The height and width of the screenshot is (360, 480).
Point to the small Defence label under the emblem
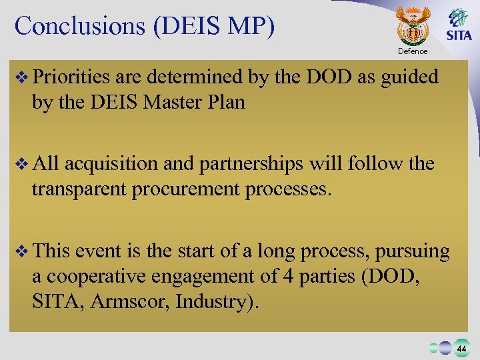click(x=413, y=51)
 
